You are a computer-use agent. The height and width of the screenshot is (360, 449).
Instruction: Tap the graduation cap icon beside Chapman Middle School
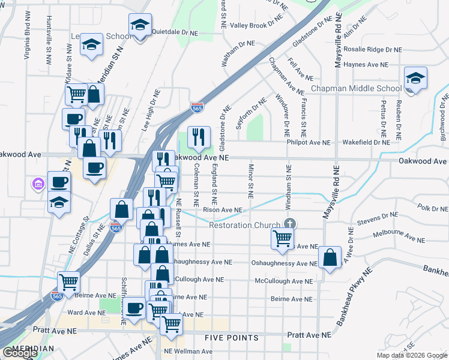tap(415, 79)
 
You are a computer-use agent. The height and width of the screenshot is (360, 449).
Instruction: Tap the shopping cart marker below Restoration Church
tap(282, 238)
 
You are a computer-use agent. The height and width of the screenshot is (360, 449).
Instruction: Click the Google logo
tap(20, 353)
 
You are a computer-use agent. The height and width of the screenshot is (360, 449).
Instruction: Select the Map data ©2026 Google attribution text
tap(412, 355)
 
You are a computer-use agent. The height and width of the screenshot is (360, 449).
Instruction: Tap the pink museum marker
tap(38, 183)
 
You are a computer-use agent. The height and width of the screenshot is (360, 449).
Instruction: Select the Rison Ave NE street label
tap(222, 210)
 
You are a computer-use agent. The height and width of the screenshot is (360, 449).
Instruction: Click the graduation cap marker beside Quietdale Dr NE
tap(139, 26)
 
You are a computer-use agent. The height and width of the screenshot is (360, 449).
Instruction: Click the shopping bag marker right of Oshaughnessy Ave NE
tap(330, 258)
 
